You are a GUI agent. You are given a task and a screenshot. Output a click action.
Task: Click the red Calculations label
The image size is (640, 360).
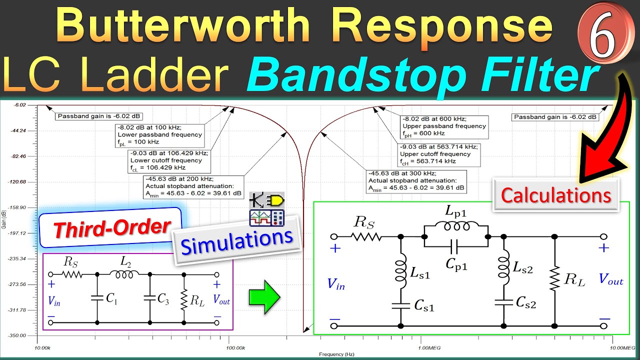[556, 195]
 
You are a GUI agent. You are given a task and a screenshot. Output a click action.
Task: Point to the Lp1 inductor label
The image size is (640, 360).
[455, 211]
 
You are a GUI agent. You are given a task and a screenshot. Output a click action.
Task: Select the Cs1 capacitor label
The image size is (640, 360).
[423, 306]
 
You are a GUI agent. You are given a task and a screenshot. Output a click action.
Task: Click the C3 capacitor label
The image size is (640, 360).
[163, 298]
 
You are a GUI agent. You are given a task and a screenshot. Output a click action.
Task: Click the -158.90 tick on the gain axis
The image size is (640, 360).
[17, 207]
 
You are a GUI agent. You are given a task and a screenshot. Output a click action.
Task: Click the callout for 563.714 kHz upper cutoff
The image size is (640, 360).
[438, 154]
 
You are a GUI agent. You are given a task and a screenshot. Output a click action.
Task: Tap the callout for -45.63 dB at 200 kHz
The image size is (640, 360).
[192, 185]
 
